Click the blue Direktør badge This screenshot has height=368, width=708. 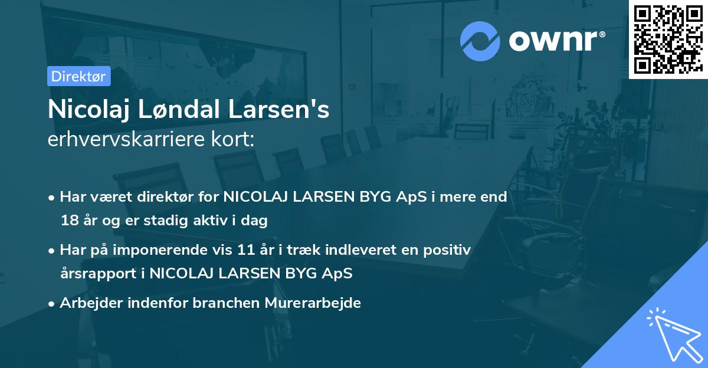tap(78, 76)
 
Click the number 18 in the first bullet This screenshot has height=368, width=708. tap(67, 221)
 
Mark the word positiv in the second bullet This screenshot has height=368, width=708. tap(450, 250)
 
